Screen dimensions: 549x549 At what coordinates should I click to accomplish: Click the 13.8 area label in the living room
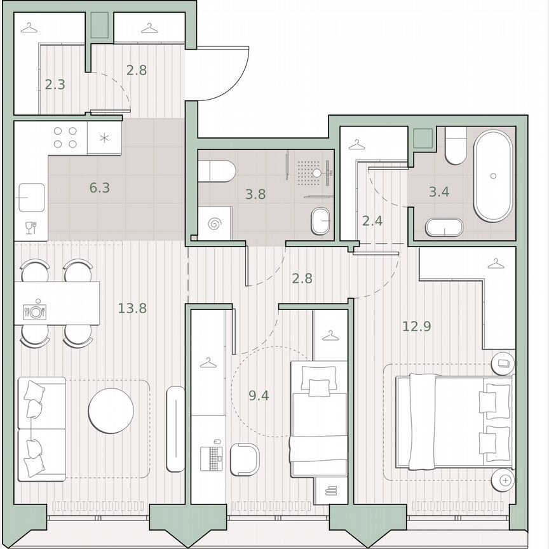pyautogui.click(x=132, y=309)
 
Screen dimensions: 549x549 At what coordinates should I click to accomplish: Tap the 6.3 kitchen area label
pyautogui.click(x=100, y=188)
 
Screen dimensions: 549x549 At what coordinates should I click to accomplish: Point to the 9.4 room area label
pyautogui.click(x=259, y=396)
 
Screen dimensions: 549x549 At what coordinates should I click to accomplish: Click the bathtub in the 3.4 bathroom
pyautogui.click(x=492, y=175)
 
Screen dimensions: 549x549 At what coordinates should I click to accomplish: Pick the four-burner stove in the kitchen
pyautogui.click(x=65, y=138)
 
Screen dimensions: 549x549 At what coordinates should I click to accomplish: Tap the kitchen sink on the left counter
pyautogui.click(x=30, y=198)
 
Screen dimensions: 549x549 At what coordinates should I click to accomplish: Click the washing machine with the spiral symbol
pyautogui.click(x=214, y=224)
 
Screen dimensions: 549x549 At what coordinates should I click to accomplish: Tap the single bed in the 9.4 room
pyautogui.click(x=318, y=419)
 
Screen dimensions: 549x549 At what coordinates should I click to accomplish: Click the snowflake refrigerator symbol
pyautogui.click(x=104, y=137)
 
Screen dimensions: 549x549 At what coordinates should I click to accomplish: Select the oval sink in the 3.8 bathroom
pyautogui.click(x=321, y=222)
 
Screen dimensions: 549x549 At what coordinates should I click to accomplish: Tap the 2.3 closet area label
pyautogui.click(x=55, y=84)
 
